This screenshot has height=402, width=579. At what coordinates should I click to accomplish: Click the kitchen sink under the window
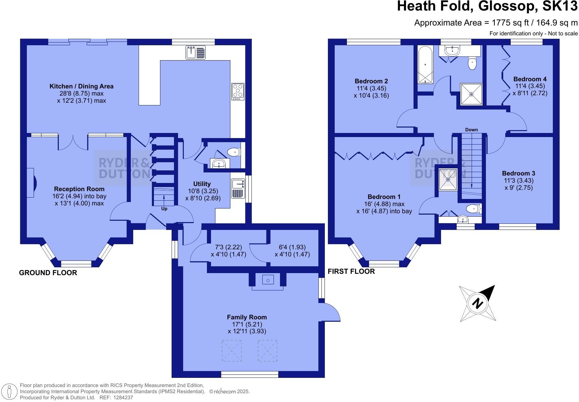pyautogui.click(x=196, y=52)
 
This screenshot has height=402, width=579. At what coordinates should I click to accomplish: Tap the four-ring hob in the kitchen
pyautogui.click(x=238, y=91)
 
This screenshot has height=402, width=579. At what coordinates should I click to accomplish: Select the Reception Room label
pyautogui.click(x=79, y=189)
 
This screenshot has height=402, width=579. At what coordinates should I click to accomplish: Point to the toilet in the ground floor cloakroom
pyautogui.click(x=233, y=152)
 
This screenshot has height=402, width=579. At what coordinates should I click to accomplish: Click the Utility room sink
pyautogui.click(x=238, y=184)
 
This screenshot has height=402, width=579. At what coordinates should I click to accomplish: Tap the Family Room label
pyautogui.click(x=247, y=317)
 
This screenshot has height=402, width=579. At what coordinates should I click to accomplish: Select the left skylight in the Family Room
pyautogui.click(x=232, y=351)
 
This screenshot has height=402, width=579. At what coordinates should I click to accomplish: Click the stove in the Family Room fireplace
pyautogui.click(x=268, y=280)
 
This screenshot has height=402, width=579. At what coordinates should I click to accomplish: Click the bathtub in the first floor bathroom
pyautogui.click(x=425, y=65)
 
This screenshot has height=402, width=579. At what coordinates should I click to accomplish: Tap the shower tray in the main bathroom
pyautogui.click(x=471, y=94)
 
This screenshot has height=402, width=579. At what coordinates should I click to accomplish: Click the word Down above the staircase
pyautogui.click(x=471, y=130)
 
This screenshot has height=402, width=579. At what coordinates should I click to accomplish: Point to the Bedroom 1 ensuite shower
pyautogui.click(x=448, y=179)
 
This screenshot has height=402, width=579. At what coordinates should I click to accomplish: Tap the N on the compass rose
pyautogui.click(x=478, y=303)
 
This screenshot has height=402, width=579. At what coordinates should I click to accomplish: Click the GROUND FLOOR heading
pyautogui.click(x=48, y=272)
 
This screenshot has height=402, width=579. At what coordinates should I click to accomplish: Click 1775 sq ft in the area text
pyautogui.click(x=508, y=23)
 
